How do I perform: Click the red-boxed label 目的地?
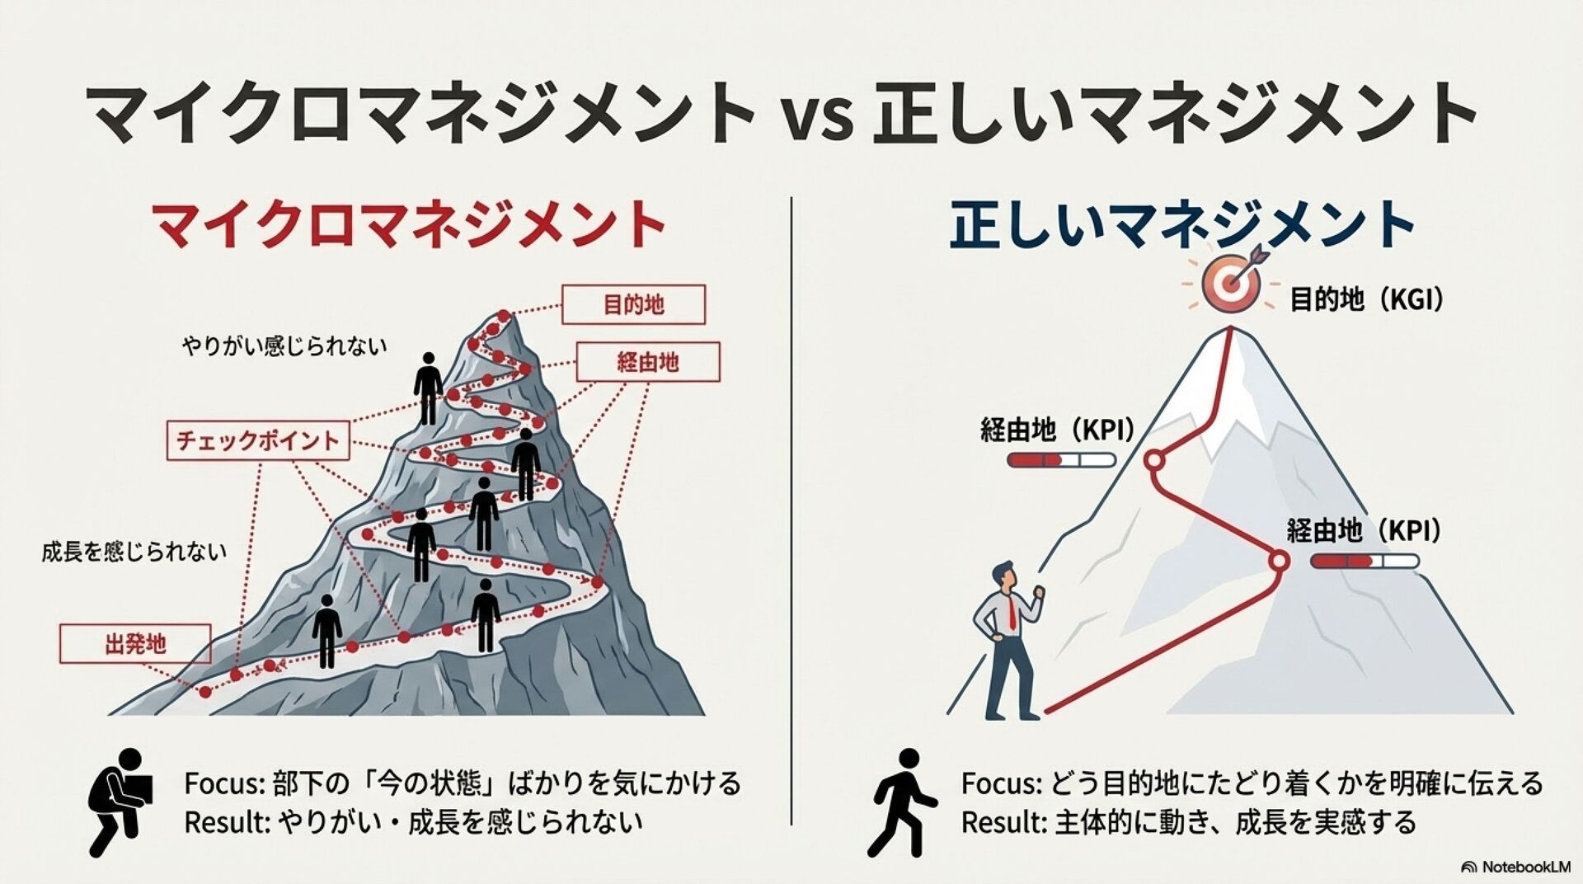pos(633,305)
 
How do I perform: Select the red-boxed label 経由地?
pos(648,362)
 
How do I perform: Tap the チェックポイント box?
pos(258,440)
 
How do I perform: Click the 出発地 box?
pos(135,644)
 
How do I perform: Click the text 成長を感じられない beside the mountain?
pos(134,552)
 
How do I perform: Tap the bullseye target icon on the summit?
pos(1231,284)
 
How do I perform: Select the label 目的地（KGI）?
pos(1367,299)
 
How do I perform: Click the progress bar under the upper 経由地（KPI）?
pos(1061,460)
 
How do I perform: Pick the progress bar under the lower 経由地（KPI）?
pos(1365,562)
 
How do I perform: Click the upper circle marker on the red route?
pos(1154,460)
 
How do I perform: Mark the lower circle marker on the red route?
pos(1278,562)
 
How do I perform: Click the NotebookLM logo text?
pos(1517,867)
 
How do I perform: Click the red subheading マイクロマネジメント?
pos(409,224)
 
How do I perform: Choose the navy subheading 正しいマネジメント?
pos(1181,224)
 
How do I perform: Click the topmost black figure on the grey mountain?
pos(428,388)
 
